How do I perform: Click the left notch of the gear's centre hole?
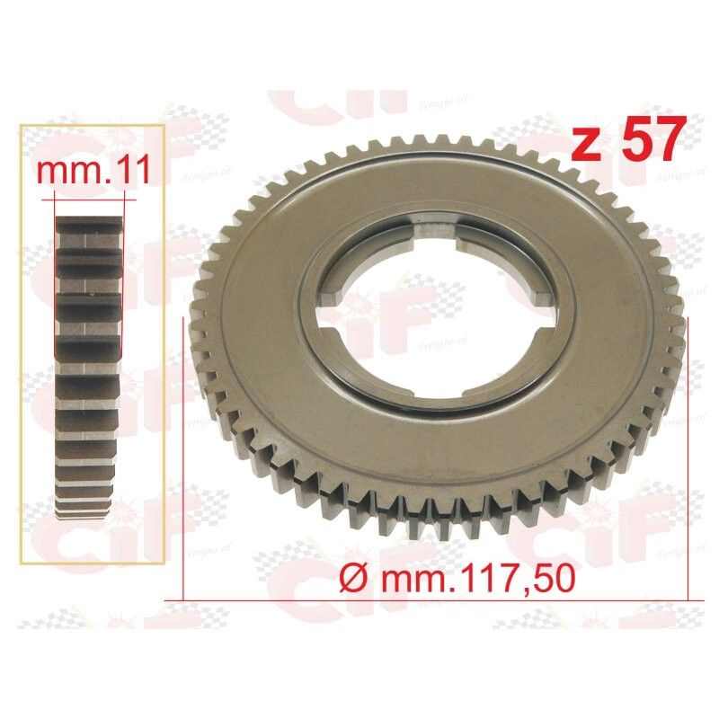(333, 301)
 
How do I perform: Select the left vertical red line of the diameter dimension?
(184, 449)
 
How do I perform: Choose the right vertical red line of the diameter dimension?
(688, 449)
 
